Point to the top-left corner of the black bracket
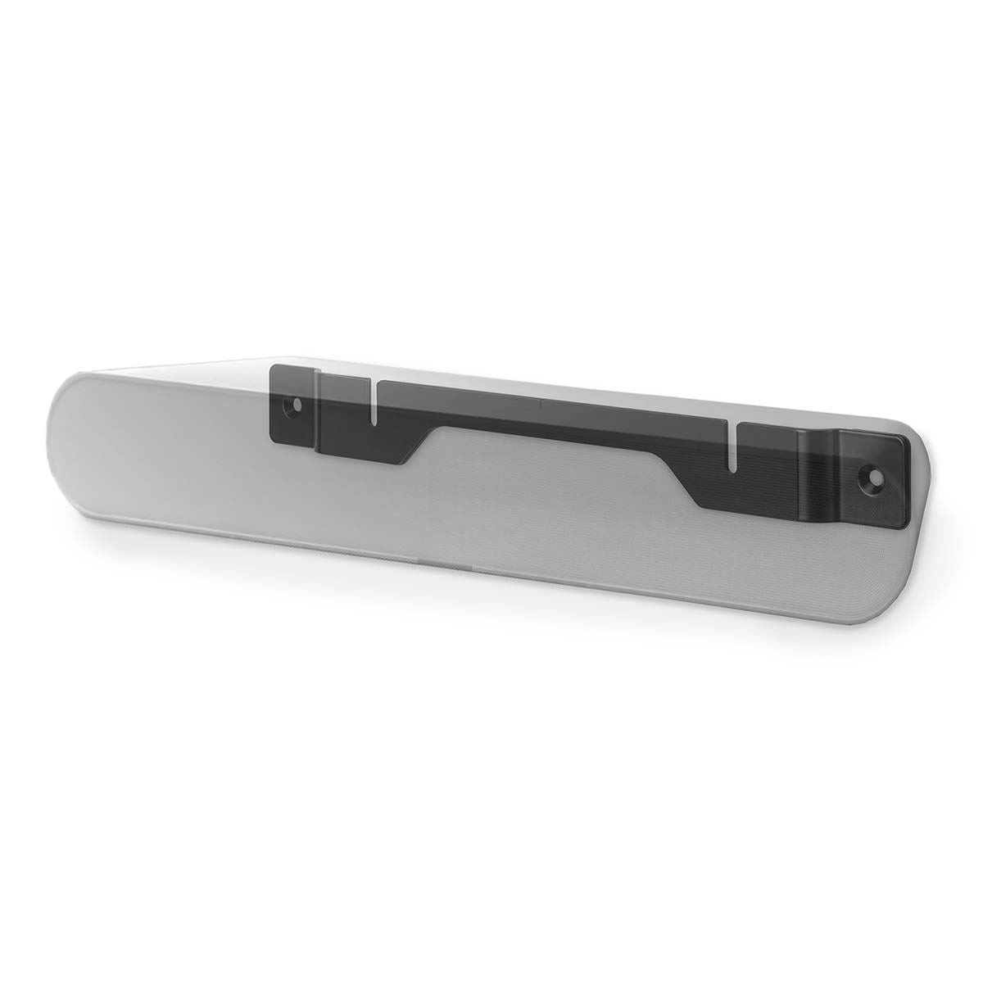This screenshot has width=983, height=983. tap(272, 367)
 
